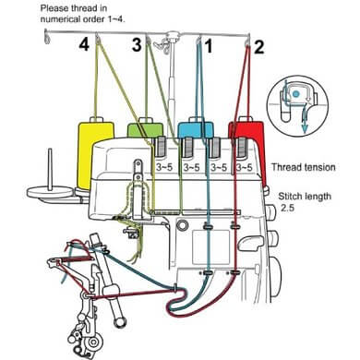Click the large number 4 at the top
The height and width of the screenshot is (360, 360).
84,45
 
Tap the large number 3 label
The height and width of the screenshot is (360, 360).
137,45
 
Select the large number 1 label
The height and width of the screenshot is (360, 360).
209,46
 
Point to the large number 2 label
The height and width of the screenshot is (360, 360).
259,47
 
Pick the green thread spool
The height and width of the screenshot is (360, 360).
145,129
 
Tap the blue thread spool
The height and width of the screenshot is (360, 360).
196,128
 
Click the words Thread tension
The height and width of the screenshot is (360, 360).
304,167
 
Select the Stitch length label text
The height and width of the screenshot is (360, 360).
305,197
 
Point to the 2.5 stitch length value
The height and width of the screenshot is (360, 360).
287,208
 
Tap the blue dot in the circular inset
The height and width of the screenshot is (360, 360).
295,93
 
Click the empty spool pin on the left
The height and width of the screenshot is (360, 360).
49,170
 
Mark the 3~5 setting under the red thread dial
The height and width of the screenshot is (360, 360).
245,168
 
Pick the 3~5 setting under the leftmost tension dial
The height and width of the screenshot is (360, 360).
164,168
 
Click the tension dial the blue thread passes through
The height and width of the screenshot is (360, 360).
215,147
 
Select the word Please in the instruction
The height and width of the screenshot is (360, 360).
54,8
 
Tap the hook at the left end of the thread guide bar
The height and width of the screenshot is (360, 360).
47,37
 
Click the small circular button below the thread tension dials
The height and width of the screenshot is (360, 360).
182,225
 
